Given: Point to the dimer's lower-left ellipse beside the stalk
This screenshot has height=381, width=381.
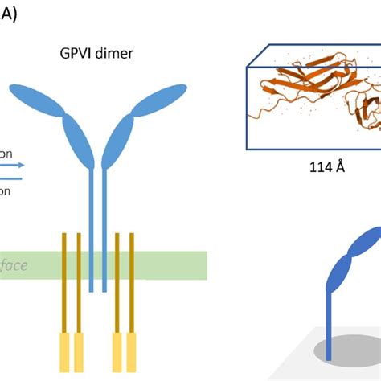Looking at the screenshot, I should point(81,144).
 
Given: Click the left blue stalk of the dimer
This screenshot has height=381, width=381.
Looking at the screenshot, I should point(92,233).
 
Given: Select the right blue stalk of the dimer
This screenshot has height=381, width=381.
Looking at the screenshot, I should point(103,233).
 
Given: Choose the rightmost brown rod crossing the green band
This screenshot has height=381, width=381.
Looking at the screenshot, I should point(131,281).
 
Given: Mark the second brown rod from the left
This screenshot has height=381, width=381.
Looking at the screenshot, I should point(78,281).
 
